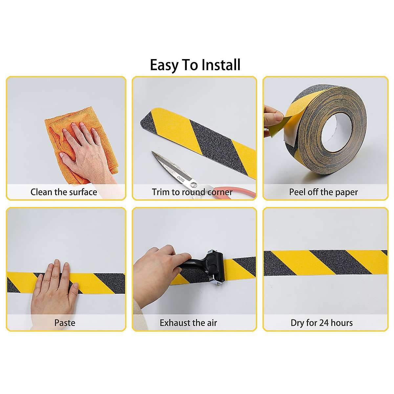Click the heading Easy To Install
pos(195,65)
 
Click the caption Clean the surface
pos(64,192)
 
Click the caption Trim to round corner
pos(192,192)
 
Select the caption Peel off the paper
pos(323,192)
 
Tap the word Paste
pos(65,323)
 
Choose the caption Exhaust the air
pos(188,323)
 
